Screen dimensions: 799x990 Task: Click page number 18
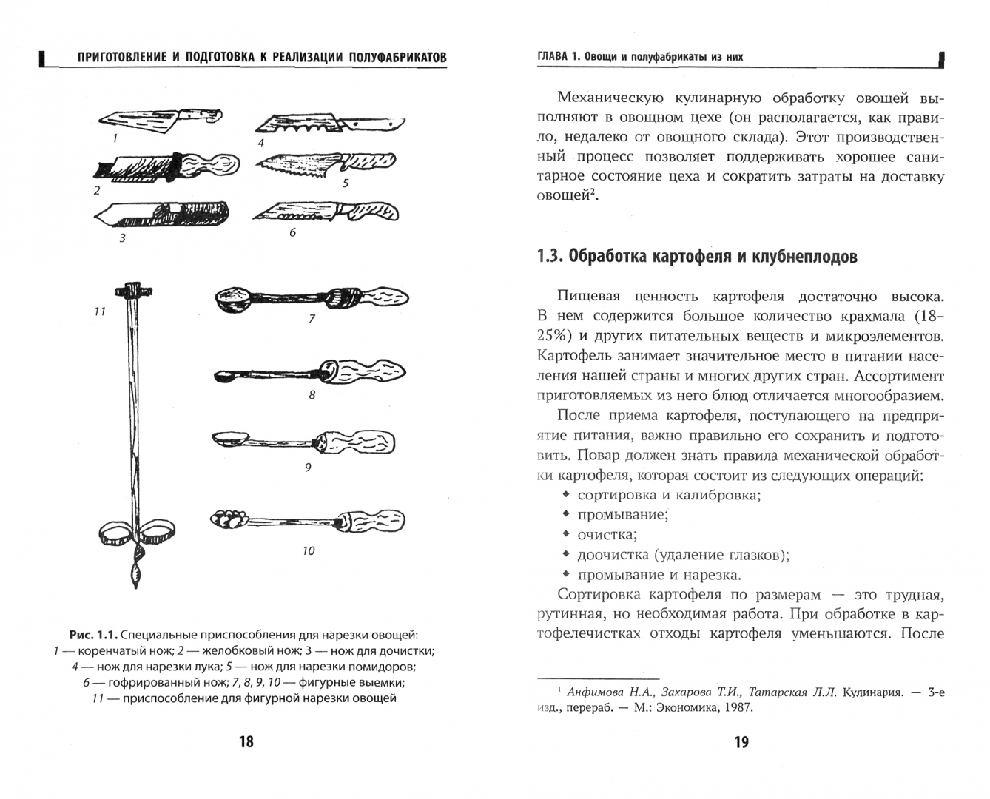246,742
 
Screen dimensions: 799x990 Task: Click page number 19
741,742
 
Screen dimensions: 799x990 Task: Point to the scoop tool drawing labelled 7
311,297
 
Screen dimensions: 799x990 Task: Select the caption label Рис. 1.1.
92,635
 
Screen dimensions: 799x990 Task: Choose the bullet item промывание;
623,514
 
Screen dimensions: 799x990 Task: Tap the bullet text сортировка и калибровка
668,494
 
